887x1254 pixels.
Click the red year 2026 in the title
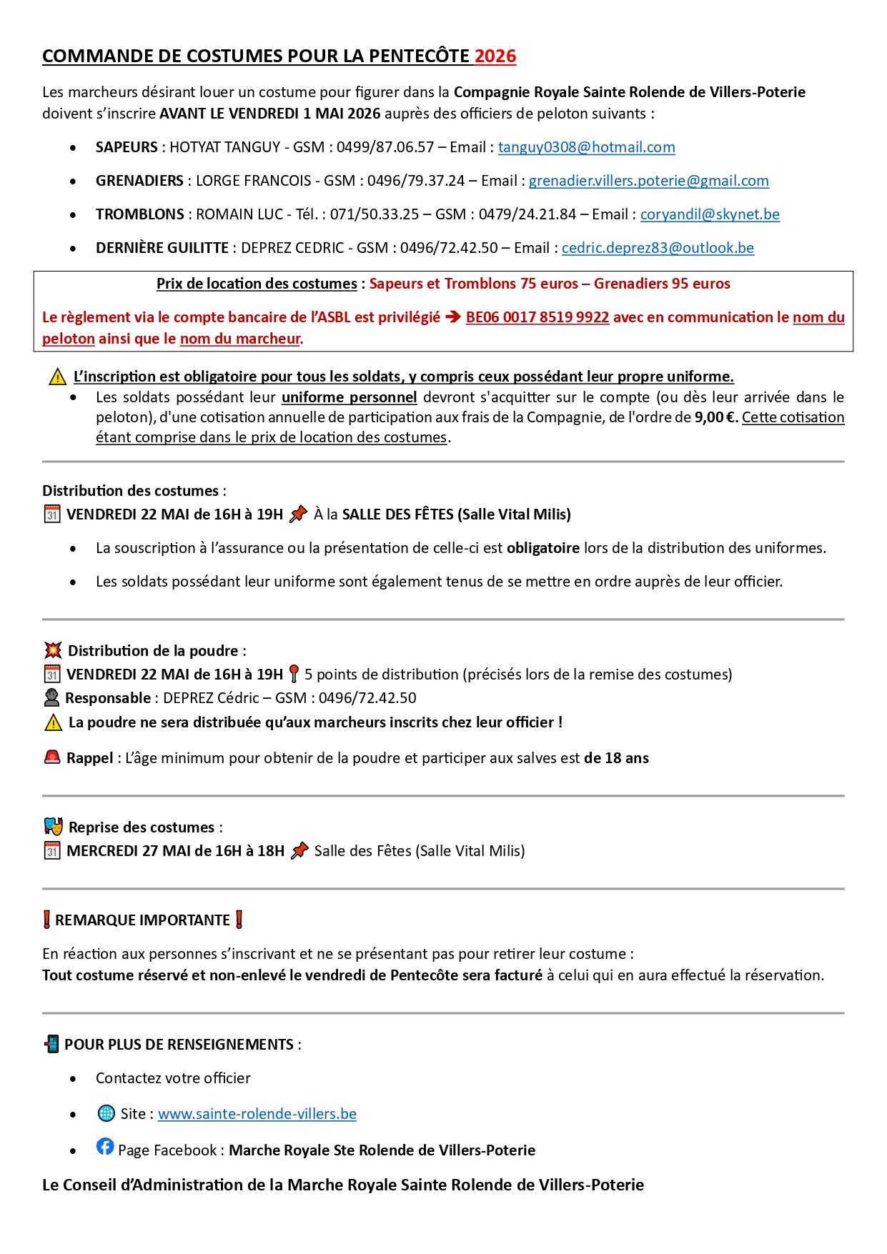(495, 56)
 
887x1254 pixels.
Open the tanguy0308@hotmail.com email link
(586, 147)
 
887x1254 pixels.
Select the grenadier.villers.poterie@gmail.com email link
(648, 181)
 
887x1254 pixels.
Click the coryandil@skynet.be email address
(710, 214)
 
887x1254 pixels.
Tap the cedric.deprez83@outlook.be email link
(658, 248)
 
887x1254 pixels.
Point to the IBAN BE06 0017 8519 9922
(537, 317)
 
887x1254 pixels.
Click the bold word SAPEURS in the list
(127, 147)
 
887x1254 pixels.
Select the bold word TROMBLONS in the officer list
(139, 214)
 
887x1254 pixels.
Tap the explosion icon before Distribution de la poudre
(52, 651)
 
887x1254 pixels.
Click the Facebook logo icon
(105, 1147)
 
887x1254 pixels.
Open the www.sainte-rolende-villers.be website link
(257, 1114)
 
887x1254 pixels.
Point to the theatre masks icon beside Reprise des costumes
(52, 827)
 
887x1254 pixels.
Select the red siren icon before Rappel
(51, 757)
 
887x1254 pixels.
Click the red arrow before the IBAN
(453, 317)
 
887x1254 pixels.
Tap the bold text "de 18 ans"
(616, 758)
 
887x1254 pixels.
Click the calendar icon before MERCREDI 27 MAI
(51, 851)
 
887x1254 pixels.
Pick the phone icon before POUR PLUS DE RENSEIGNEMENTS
(51, 1045)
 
